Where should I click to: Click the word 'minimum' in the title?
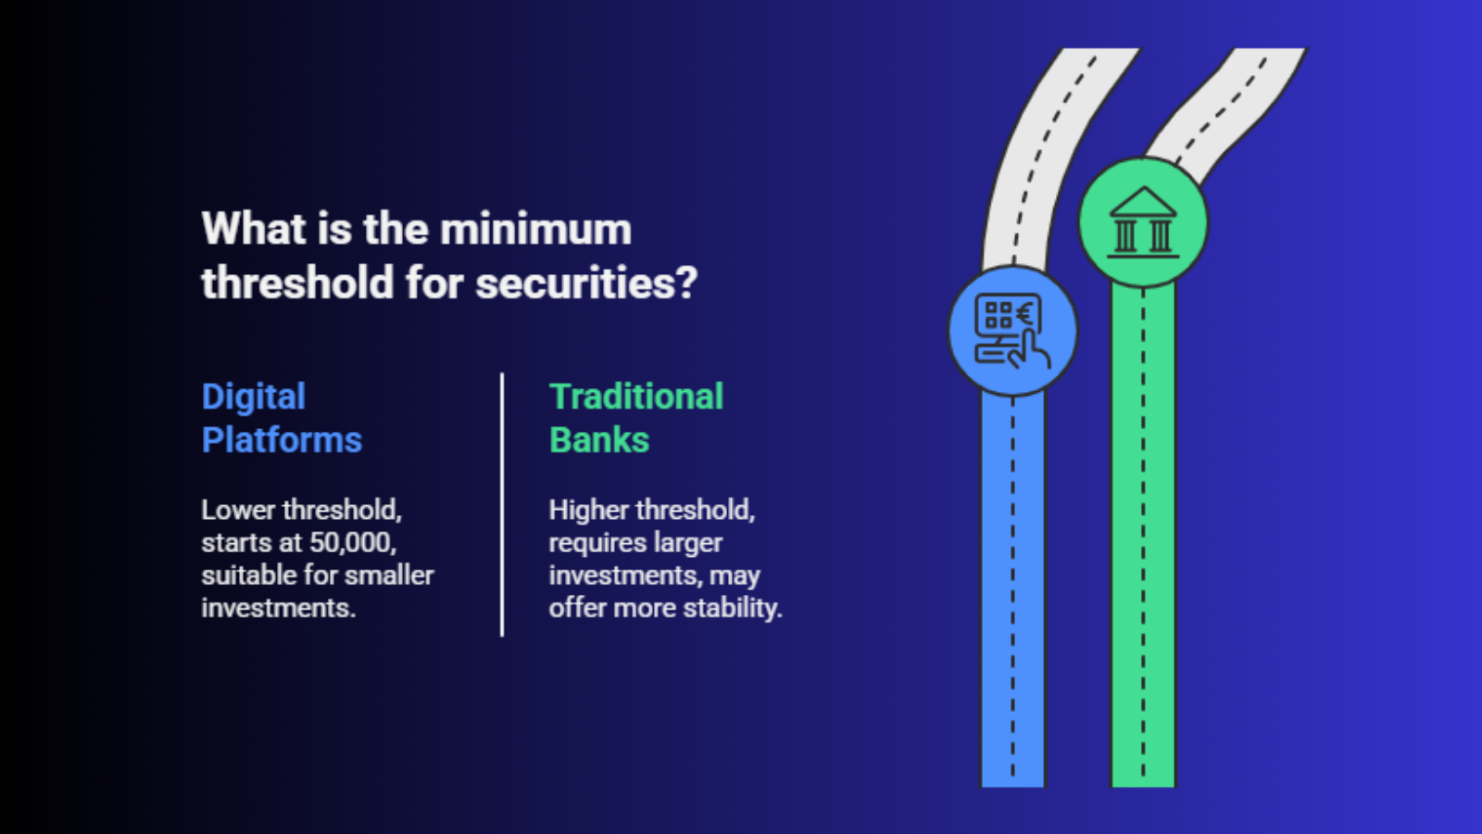click(535, 229)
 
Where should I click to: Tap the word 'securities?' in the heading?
click(587, 284)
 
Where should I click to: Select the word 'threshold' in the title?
click(297, 283)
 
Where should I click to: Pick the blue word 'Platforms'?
click(282, 440)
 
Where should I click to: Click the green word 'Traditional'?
click(636, 398)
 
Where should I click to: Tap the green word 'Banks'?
click(599, 440)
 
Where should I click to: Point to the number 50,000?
click(353, 543)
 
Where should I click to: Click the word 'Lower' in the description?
click(238, 511)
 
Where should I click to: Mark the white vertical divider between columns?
click(502, 505)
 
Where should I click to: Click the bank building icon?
click(1143, 222)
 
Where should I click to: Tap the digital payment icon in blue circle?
click(1012, 331)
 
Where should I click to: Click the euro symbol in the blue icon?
click(1024, 313)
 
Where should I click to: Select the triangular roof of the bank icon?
click(1143, 201)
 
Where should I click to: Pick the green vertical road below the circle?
click(1143, 537)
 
